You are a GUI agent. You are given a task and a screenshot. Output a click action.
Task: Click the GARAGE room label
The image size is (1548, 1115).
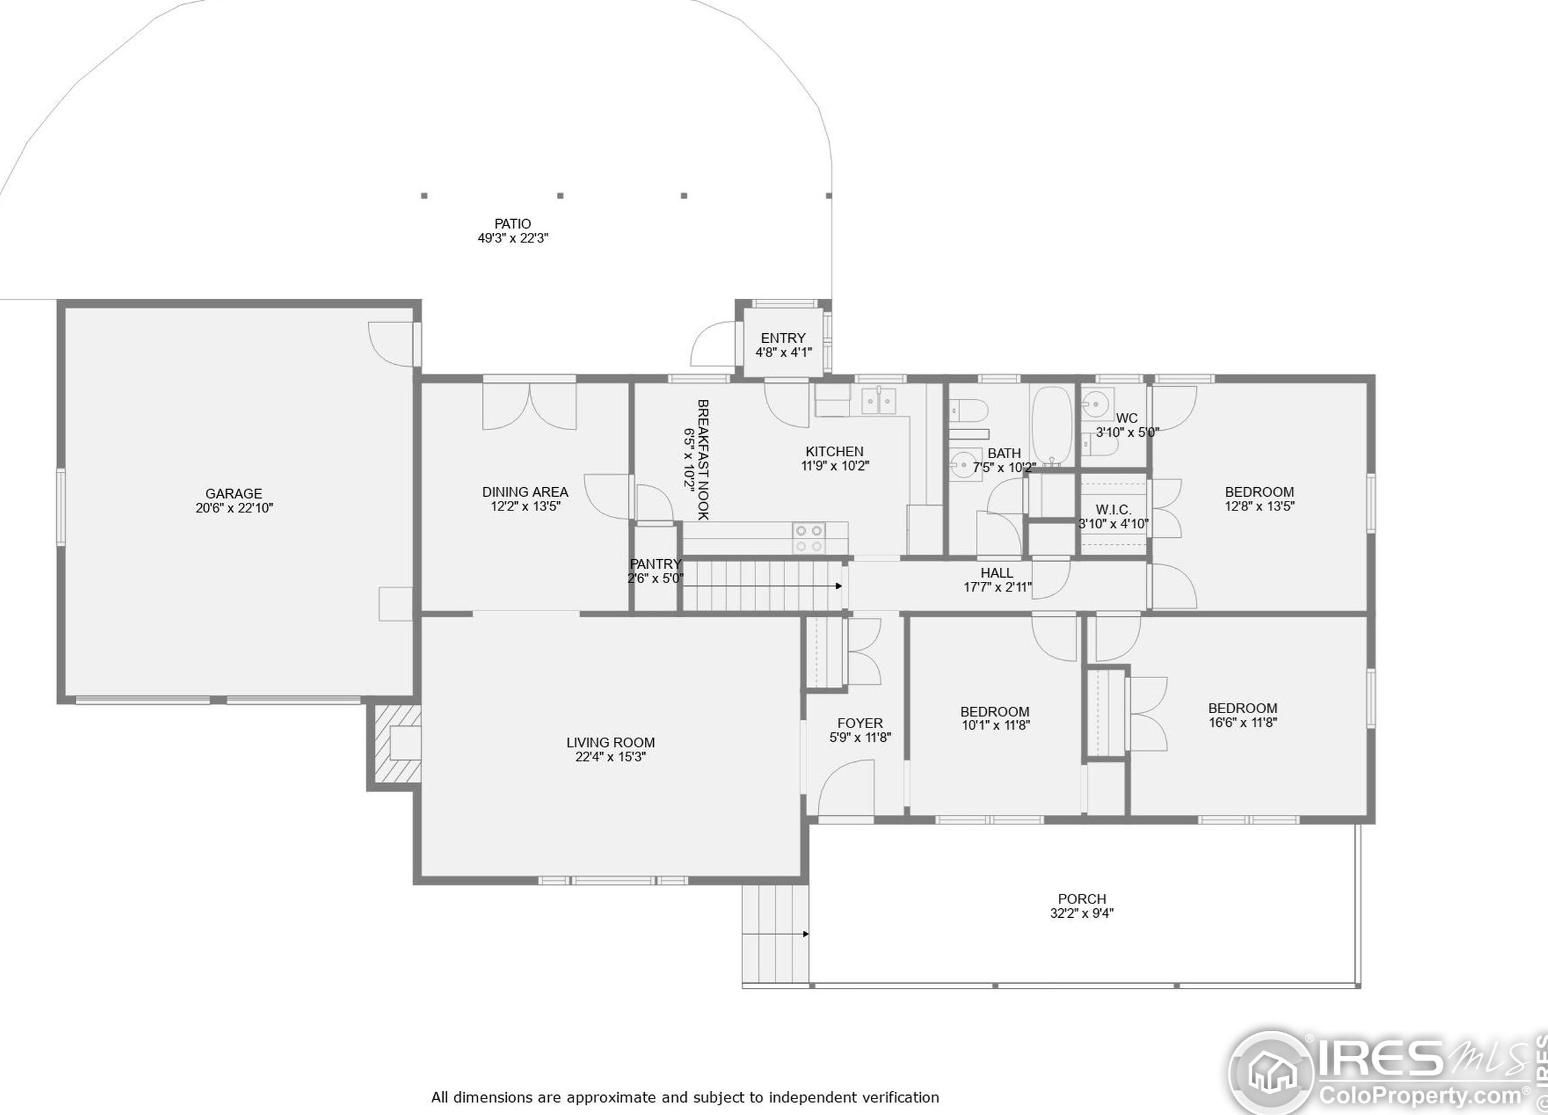pos(234,493)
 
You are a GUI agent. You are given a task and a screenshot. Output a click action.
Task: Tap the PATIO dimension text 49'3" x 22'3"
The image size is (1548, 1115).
pos(513,238)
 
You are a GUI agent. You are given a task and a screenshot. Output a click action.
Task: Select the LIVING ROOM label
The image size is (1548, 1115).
pos(611,743)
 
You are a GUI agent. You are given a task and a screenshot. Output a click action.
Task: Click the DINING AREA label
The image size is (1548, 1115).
pos(525,492)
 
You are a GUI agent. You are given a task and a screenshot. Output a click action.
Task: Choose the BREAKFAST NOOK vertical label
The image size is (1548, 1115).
pos(703,460)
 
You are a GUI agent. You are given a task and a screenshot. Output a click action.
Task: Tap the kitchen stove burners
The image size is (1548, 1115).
pos(809,538)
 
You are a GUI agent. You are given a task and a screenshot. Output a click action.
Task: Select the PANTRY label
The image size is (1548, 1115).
pos(656,564)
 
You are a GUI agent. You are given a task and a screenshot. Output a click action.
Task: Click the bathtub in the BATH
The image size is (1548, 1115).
pos(1051,426)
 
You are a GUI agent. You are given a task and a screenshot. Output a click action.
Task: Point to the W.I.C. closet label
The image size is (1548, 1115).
pos(1113,509)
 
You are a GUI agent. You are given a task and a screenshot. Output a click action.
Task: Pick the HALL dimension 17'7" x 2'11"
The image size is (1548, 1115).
pos(997,587)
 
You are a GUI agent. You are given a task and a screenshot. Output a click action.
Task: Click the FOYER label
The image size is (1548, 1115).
pos(860,723)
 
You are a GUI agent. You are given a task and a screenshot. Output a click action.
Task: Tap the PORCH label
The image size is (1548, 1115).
pos(1082,899)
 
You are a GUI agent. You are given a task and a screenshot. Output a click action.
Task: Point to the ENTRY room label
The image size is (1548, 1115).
pos(783,338)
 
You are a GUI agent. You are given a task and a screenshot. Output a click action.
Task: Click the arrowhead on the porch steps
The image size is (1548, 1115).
pos(806,934)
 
